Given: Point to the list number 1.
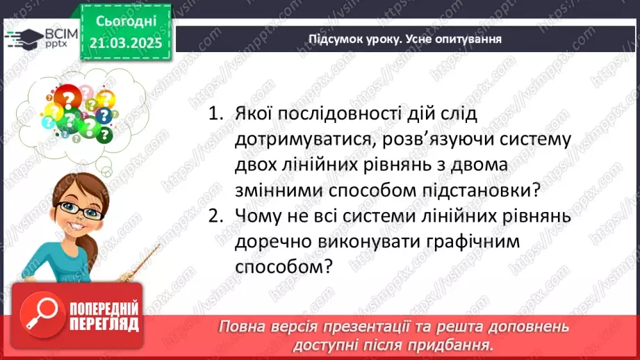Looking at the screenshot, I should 215,114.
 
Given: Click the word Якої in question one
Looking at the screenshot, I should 258,114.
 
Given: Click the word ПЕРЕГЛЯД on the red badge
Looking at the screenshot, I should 104,323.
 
